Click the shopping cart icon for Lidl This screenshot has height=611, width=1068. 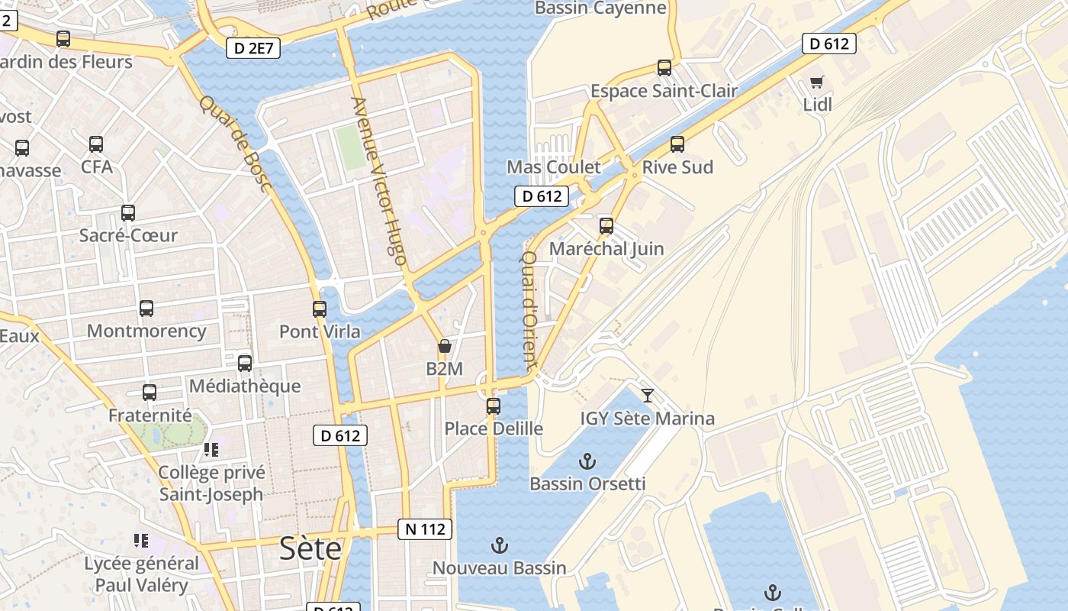point(817,82)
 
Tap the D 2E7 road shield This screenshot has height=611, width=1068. point(253,49)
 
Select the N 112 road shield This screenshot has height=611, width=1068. point(425,529)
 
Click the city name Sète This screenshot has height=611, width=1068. point(310,548)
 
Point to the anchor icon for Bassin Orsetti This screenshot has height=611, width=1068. point(587,461)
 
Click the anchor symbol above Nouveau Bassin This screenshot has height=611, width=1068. point(499,545)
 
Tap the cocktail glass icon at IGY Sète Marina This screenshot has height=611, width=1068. point(648,395)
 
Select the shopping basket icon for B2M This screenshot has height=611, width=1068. point(445,347)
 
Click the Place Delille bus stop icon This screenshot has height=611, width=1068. point(494,406)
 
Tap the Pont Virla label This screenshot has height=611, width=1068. point(320,331)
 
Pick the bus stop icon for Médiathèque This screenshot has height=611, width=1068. point(245,364)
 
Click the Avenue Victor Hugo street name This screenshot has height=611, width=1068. point(378,181)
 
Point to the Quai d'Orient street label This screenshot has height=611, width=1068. point(529,312)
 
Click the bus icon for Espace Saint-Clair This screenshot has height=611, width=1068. point(664,68)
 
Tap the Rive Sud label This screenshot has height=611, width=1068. point(677,167)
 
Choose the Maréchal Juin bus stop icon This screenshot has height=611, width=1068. point(606,226)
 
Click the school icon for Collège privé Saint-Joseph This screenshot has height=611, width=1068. point(211,450)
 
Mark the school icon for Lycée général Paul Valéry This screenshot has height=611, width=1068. point(140,541)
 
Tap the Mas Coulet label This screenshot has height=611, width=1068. point(554,167)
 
